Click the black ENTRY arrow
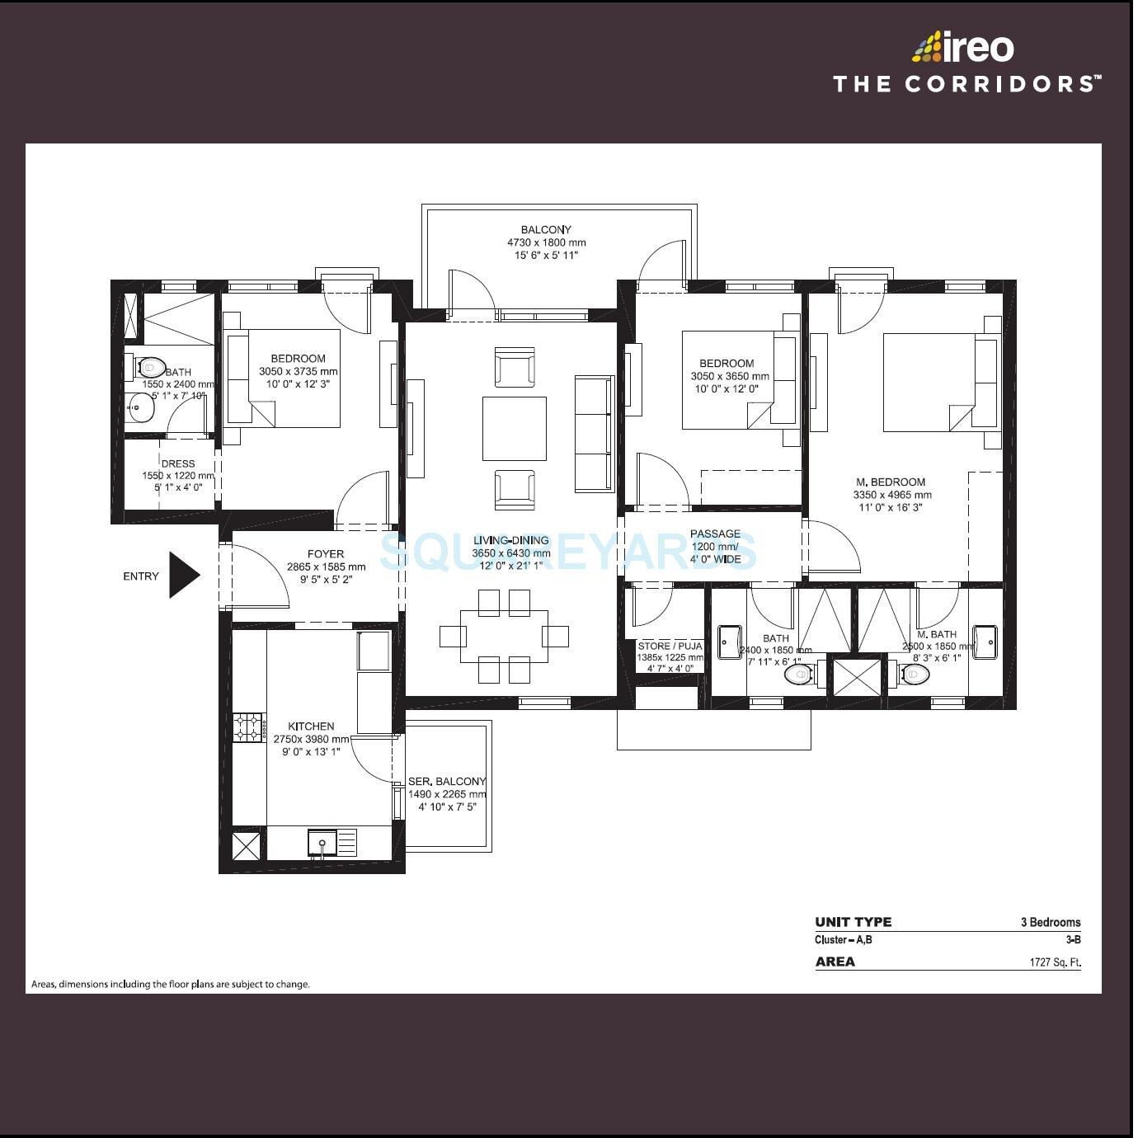click(183, 575)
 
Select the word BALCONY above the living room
click(545, 230)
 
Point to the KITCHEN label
click(311, 727)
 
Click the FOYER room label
click(326, 554)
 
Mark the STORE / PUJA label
click(670, 647)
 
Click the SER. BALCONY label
click(447, 782)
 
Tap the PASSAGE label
click(715, 534)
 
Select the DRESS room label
click(178, 464)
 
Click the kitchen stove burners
click(247, 727)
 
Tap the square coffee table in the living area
click(514, 429)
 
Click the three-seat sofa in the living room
click(594, 433)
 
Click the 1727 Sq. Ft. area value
click(1054, 962)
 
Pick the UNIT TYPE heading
click(853, 923)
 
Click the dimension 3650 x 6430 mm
click(510, 553)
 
